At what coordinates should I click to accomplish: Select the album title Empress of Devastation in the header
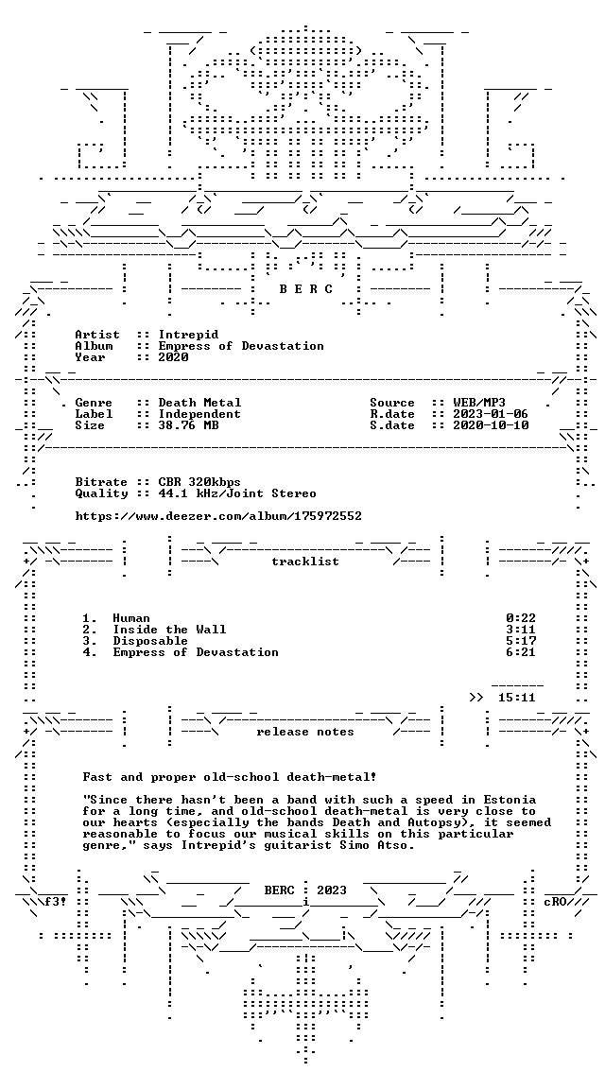tap(241, 346)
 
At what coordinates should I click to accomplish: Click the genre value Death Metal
tap(200, 403)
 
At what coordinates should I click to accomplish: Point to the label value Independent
tap(200, 414)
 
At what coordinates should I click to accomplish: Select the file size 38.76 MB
tap(188, 425)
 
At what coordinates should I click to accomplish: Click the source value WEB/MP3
tap(479, 403)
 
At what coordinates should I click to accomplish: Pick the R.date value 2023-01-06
tap(491, 414)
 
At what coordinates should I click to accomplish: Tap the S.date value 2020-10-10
tap(491, 425)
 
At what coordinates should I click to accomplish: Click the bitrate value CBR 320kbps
tap(200, 482)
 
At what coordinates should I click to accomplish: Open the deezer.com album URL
tap(218, 516)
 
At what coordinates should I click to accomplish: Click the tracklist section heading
tap(305, 562)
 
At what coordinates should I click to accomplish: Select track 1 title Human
tap(131, 618)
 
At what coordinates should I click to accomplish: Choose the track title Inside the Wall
tap(169, 630)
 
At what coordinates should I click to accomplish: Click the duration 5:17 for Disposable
tap(521, 640)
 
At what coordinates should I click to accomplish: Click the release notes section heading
tap(305, 732)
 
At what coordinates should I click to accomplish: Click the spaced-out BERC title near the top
tap(306, 289)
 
